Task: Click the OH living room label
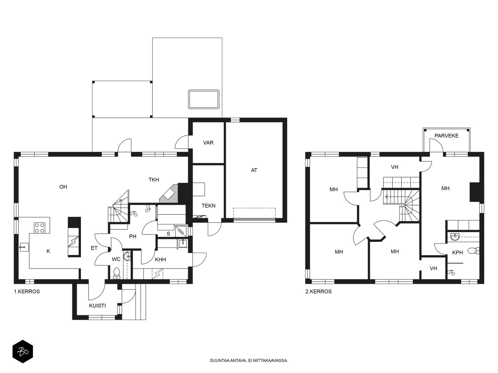(x=63, y=187)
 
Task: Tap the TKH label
(x=153, y=180)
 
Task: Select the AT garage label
(x=254, y=170)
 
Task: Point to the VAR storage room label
(x=208, y=143)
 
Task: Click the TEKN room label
(x=208, y=206)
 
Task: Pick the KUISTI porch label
(x=97, y=306)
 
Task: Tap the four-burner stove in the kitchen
(x=40, y=228)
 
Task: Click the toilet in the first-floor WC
(x=117, y=273)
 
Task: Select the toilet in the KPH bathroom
(x=473, y=251)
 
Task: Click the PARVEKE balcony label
(x=446, y=136)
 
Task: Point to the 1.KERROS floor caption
(x=27, y=292)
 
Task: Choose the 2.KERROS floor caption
(x=318, y=292)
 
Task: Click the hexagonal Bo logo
(x=23, y=352)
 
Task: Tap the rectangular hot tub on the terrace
(x=204, y=99)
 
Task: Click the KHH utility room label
(x=160, y=260)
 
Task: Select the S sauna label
(x=168, y=234)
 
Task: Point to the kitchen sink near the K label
(x=24, y=247)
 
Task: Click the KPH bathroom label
(x=458, y=252)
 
